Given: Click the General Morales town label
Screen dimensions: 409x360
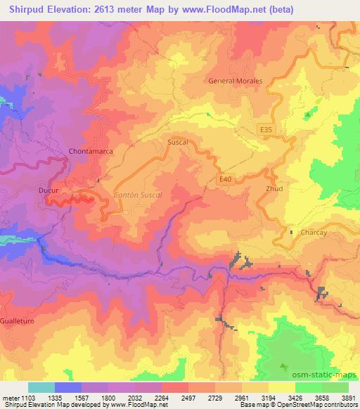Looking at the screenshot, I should point(236,81).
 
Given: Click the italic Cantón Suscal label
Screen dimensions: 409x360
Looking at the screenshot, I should point(138,194).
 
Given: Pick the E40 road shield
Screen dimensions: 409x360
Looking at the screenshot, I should point(225,180).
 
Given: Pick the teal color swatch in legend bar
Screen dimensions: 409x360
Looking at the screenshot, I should point(41,387).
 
